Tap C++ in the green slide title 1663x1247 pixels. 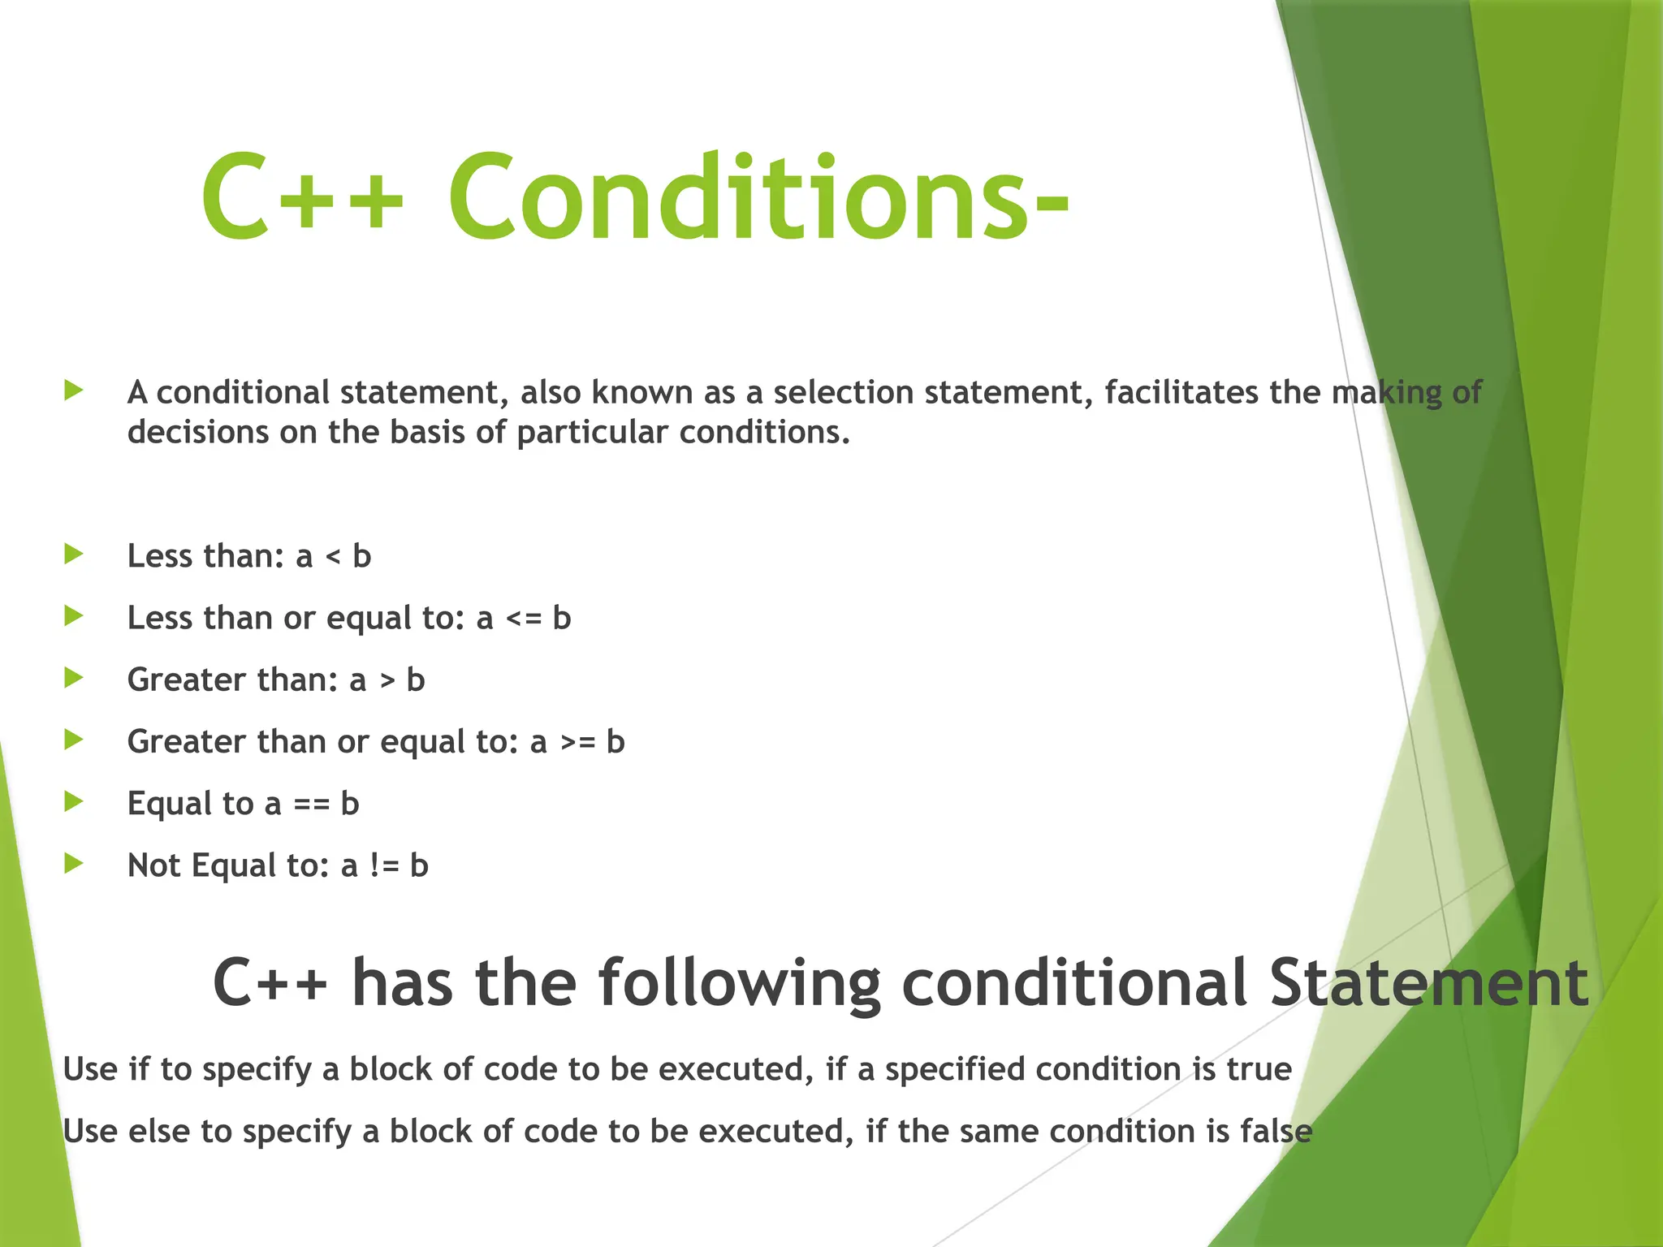(302, 197)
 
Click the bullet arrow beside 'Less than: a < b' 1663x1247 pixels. (74, 554)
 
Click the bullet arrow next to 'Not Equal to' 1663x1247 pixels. (74, 863)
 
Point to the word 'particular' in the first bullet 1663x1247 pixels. (592, 433)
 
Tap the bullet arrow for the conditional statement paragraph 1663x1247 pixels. (74, 390)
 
